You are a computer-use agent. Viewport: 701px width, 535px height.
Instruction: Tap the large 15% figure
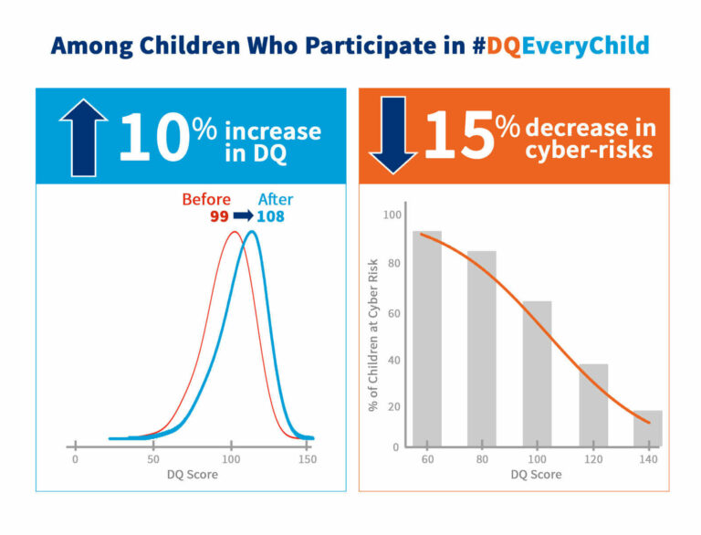[470, 135]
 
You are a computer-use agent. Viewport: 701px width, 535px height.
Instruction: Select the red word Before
[205, 200]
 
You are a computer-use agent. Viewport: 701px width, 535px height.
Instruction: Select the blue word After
[276, 200]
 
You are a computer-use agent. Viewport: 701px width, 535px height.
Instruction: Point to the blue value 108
[270, 216]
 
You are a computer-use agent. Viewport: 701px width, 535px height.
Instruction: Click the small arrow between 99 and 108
[242, 216]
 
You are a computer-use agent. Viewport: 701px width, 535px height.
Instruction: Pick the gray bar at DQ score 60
[426, 339]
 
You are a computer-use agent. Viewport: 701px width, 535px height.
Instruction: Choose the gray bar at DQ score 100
[537, 373]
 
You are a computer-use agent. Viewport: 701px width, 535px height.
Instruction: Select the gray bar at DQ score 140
[647, 428]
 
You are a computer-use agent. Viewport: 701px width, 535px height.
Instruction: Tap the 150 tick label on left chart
[309, 459]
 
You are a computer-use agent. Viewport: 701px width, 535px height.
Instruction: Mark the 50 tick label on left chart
[152, 459]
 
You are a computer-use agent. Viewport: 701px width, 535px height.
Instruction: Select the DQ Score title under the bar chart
[536, 475]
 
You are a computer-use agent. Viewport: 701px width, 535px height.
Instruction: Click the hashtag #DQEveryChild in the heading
[561, 46]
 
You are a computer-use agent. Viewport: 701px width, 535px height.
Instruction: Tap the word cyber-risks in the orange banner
[589, 150]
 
